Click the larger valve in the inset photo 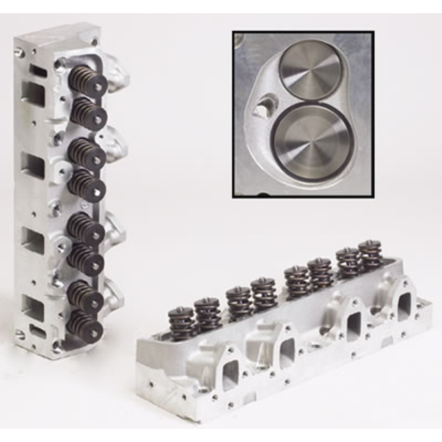point(311,141)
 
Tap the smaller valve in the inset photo point(311,69)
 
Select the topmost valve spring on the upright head point(90,81)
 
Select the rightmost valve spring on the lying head point(370,254)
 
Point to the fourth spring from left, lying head point(264,293)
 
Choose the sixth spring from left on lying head point(320,273)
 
